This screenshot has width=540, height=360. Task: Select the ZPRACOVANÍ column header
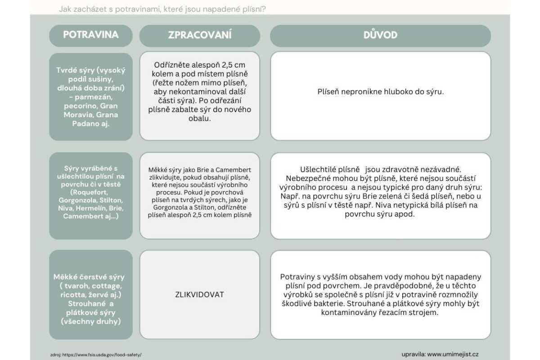[x=200, y=36]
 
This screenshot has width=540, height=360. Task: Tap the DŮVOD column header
[x=380, y=36]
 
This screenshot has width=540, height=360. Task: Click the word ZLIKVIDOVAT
[x=199, y=295]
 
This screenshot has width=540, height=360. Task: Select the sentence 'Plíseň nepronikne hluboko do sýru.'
[x=380, y=92]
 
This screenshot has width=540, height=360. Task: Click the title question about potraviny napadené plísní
[x=162, y=9]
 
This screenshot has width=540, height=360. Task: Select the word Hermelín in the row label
[x=92, y=208]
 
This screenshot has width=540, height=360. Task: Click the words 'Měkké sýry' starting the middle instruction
[x=163, y=170]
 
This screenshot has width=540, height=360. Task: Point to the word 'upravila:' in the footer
[x=414, y=354]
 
